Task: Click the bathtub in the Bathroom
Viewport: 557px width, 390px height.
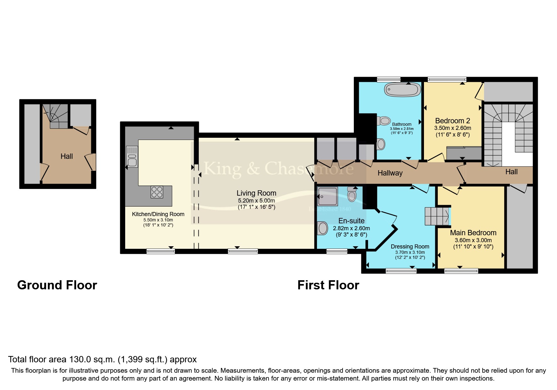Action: click(x=402, y=90)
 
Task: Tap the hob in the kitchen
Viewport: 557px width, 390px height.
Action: click(x=157, y=192)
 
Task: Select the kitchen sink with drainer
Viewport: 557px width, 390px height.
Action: click(x=132, y=157)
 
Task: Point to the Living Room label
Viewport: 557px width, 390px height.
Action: click(x=256, y=193)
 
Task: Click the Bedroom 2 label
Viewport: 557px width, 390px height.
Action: click(x=452, y=121)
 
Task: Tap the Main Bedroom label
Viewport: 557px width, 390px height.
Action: click(x=473, y=233)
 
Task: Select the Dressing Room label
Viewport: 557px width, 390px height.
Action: click(x=410, y=247)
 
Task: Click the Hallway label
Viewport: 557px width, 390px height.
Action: click(x=390, y=173)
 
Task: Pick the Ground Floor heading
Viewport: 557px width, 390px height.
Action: click(x=57, y=285)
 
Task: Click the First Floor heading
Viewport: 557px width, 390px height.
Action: click(x=328, y=285)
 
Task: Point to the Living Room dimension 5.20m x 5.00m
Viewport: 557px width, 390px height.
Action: click(x=256, y=201)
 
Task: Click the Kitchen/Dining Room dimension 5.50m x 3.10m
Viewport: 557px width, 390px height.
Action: click(x=158, y=220)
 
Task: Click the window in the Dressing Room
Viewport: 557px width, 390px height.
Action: click(x=401, y=271)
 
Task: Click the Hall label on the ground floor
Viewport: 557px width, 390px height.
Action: click(x=67, y=156)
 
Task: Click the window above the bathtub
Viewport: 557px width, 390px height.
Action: click(x=389, y=79)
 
